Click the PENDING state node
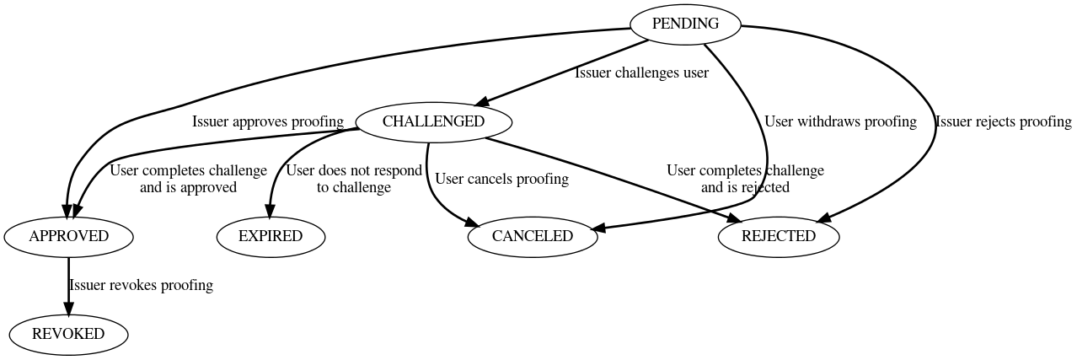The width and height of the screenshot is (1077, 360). [x=685, y=24]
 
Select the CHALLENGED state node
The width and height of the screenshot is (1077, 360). [x=433, y=121]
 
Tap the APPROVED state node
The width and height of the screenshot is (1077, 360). [x=68, y=236]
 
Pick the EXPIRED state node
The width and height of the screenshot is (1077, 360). [x=270, y=236]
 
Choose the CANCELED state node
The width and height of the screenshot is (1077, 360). [x=532, y=236]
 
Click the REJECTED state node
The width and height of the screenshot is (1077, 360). [x=778, y=236]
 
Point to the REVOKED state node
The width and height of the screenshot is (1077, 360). [x=68, y=334]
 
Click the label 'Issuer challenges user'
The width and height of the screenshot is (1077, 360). [x=641, y=73]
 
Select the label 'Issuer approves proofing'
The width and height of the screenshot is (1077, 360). [x=268, y=121]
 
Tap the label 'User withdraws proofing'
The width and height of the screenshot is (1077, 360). [x=840, y=121]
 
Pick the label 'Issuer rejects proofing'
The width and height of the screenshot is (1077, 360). [x=1003, y=121]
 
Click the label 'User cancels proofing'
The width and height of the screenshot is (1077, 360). [x=501, y=179]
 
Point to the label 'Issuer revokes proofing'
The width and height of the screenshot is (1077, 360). [x=141, y=285]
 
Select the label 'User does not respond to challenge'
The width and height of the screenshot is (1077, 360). [x=354, y=179]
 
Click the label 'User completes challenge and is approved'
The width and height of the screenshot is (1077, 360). [x=188, y=179]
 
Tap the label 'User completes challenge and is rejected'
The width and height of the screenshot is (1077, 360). [x=745, y=179]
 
